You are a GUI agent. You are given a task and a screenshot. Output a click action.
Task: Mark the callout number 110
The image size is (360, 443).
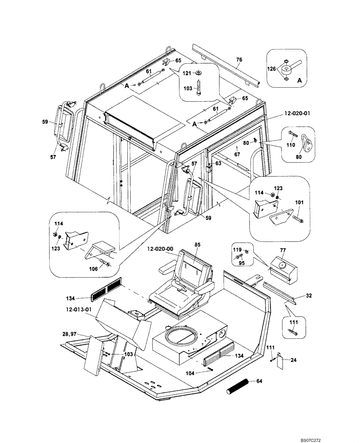tap(291, 145)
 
